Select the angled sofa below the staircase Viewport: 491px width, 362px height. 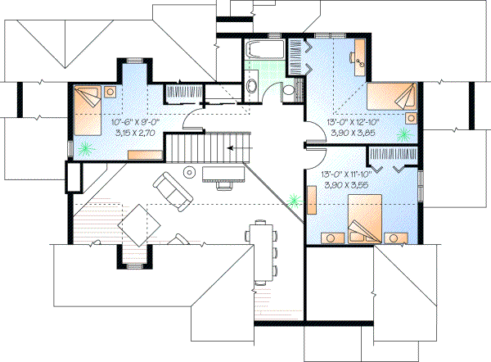171,189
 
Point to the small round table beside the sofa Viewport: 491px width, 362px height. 189,172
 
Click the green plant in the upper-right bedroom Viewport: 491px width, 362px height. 403,133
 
